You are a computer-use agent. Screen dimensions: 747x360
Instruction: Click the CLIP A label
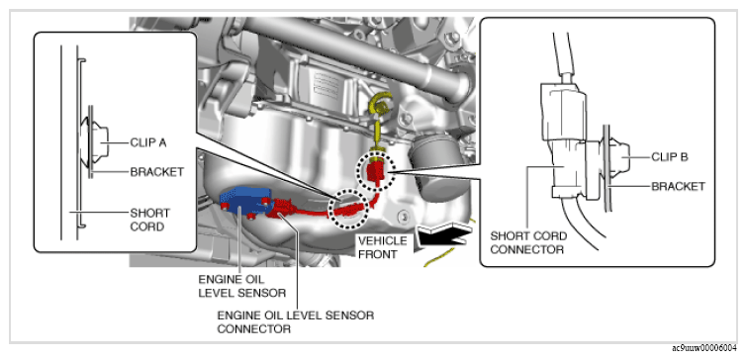pyautogui.click(x=147, y=142)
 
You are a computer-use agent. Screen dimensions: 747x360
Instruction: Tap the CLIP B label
pyautogui.click(x=669, y=156)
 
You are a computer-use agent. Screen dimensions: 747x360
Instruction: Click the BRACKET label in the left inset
pyautogui.click(x=156, y=172)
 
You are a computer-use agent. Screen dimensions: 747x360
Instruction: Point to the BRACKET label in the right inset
pyautogui.click(x=678, y=186)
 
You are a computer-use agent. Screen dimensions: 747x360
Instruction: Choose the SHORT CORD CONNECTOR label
pyautogui.click(x=528, y=242)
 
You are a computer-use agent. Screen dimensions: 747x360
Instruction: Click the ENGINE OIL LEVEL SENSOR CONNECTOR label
pyautogui.click(x=296, y=321)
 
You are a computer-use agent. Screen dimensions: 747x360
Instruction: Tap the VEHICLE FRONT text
pyautogui.click(x=383, y=247)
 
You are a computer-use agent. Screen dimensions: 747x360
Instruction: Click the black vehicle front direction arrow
pyautogui.click(x=443, y=235)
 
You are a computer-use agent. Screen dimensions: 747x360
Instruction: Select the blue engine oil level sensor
pyautogui.click(x=244, y=200)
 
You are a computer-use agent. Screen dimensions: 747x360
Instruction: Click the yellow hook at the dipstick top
pyautogui.click(x=380, y=106)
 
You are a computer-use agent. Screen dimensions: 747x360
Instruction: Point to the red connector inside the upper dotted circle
pyautogui.click(x=375, y=171)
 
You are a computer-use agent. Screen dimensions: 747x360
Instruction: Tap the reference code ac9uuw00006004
pyautogui.click(x=706, y=348)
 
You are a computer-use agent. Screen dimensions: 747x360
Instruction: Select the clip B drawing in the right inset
pyautogui.click(x=618, y=156)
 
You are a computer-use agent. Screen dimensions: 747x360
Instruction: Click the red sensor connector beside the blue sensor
pyautogui.click(x=285, y=208)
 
